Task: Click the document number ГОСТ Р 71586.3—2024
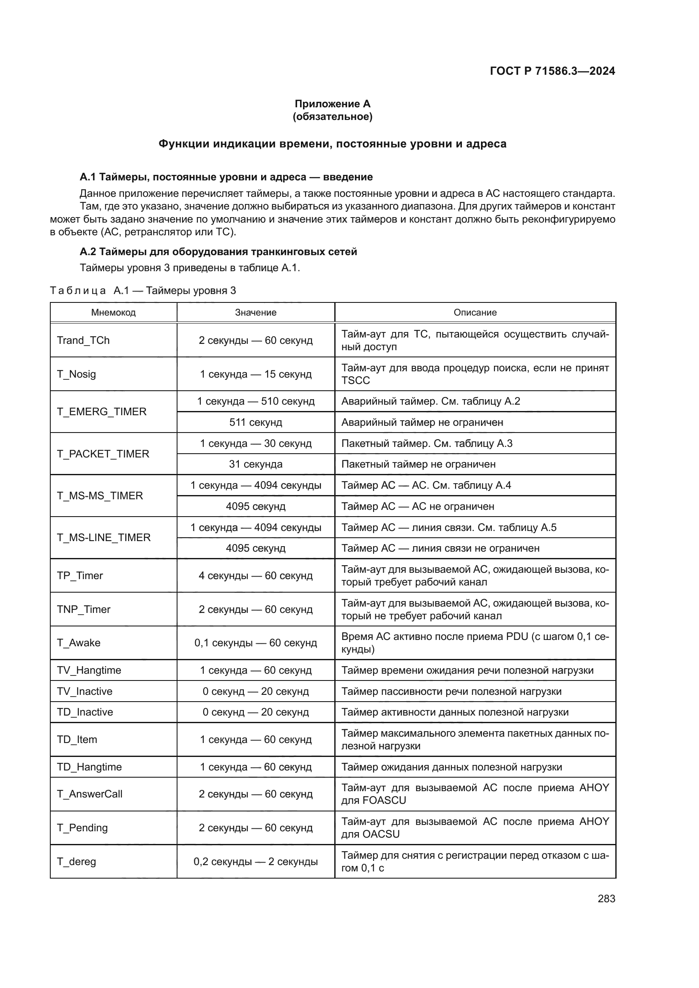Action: [552, 71]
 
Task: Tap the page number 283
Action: [606, 898]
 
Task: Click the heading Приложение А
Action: [332, 104]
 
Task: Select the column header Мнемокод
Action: [113, 313]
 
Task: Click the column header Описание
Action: [475, 313]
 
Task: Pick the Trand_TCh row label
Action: [84, 340]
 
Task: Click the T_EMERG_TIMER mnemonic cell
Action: [102, 412]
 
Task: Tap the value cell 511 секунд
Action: [256, 422]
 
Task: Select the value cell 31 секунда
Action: [256, 464]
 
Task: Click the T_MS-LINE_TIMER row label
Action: [104, 537]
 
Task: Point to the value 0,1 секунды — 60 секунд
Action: [256, 643]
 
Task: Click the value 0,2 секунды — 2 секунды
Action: [256, 861]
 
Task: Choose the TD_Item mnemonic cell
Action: [77, 739]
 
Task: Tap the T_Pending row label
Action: [83, 827]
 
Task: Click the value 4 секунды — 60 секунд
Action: [256, 576]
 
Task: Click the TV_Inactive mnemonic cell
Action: [85, 691]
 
